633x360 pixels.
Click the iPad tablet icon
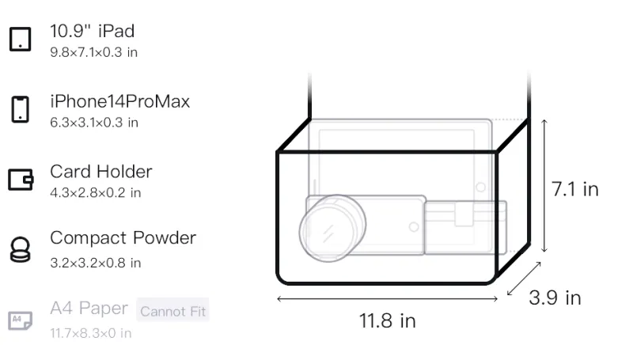(x=21, y=39)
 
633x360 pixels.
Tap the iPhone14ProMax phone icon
(x=21, y=109)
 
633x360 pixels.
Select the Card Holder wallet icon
(x=21, y=179)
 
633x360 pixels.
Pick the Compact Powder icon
(x=21, y=250)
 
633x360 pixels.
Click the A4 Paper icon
(x=21, y=320)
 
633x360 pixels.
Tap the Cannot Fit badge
(x=172, y=311)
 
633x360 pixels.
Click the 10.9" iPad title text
(x=92, y=31)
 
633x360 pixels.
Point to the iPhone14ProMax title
(x=120, y=101)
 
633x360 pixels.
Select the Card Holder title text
(x=101, y=172)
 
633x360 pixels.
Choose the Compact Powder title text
(x=123, y=238)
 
